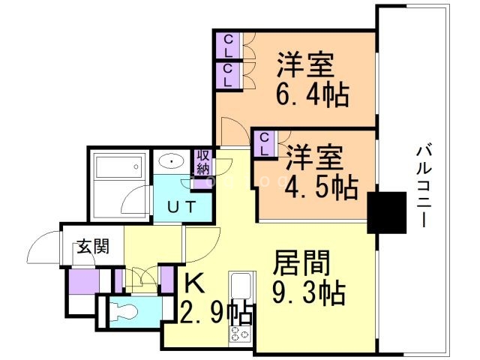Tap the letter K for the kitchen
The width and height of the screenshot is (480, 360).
click(194, 284)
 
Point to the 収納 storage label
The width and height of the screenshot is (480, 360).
click(202, 162)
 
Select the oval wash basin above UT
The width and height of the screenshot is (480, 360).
click(173, 162)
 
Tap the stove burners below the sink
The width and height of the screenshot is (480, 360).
click(242, 334)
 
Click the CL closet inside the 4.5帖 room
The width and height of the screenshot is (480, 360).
click(264, 143)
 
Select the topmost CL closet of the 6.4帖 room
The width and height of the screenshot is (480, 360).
click(227, 46)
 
